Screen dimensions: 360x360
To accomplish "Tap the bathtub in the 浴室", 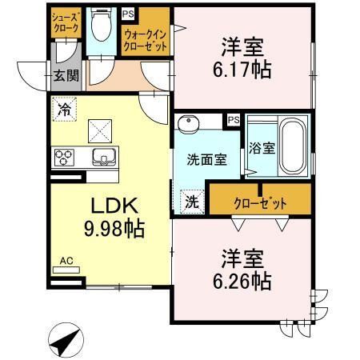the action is [x=293, y=146].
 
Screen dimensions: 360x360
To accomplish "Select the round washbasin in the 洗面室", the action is [x=189, y=123].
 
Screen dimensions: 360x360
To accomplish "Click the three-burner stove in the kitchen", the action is [x=64, y=158].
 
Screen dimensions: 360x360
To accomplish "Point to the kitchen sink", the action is [x=104, y=157].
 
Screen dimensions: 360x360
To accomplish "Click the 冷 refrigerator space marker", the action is [x=65, y=109].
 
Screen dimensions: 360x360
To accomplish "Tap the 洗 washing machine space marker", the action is [x=192, y=202].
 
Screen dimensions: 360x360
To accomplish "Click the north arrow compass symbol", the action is [x=66, y=340].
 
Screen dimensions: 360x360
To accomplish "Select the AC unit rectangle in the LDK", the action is [x=66, y=270].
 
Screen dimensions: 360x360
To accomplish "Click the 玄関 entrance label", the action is [x=66, y=76].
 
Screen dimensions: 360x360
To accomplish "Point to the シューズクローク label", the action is [x=66, y=23].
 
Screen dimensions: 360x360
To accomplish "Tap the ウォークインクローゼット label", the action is [x=146, y=41].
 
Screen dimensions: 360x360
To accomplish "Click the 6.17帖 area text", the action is [x=242, y=70].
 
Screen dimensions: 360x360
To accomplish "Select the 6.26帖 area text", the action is [x=242, y=281].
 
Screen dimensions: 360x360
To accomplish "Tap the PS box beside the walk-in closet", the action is [x=128, y=14].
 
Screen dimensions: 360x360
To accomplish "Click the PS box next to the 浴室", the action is [x=234, y=120].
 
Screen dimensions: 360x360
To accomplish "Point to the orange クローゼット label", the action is [x=260, y=204].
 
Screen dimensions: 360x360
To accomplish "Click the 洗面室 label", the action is [x=206, y=160].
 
